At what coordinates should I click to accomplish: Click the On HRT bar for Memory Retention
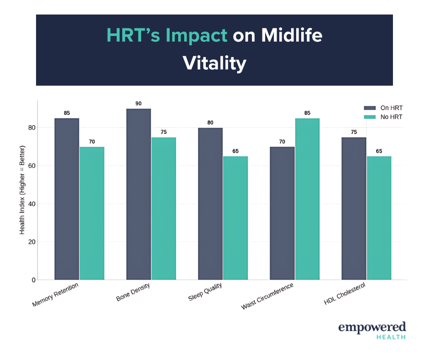pos(67,199)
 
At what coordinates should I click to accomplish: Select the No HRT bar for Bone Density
pos(163,208)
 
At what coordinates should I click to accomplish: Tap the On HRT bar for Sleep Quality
pos(210,203)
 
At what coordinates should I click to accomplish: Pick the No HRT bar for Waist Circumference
pos(307,199)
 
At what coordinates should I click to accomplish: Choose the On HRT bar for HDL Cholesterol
pos(354,208)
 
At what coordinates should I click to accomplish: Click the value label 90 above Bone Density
pos(139,104)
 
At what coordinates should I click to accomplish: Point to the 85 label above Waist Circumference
pos(307,113)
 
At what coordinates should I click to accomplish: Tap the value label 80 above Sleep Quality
pos(210,123)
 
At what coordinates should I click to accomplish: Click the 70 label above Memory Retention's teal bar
pos(92,142)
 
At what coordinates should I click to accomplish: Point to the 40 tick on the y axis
pos(31,204)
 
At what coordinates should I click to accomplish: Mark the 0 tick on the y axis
pos(33,280)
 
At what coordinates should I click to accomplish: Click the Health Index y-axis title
pos(22,190)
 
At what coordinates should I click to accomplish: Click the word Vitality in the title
pos(214,63)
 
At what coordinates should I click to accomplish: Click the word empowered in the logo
pos(371,327)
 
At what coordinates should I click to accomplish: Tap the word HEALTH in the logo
pos(391,337)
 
